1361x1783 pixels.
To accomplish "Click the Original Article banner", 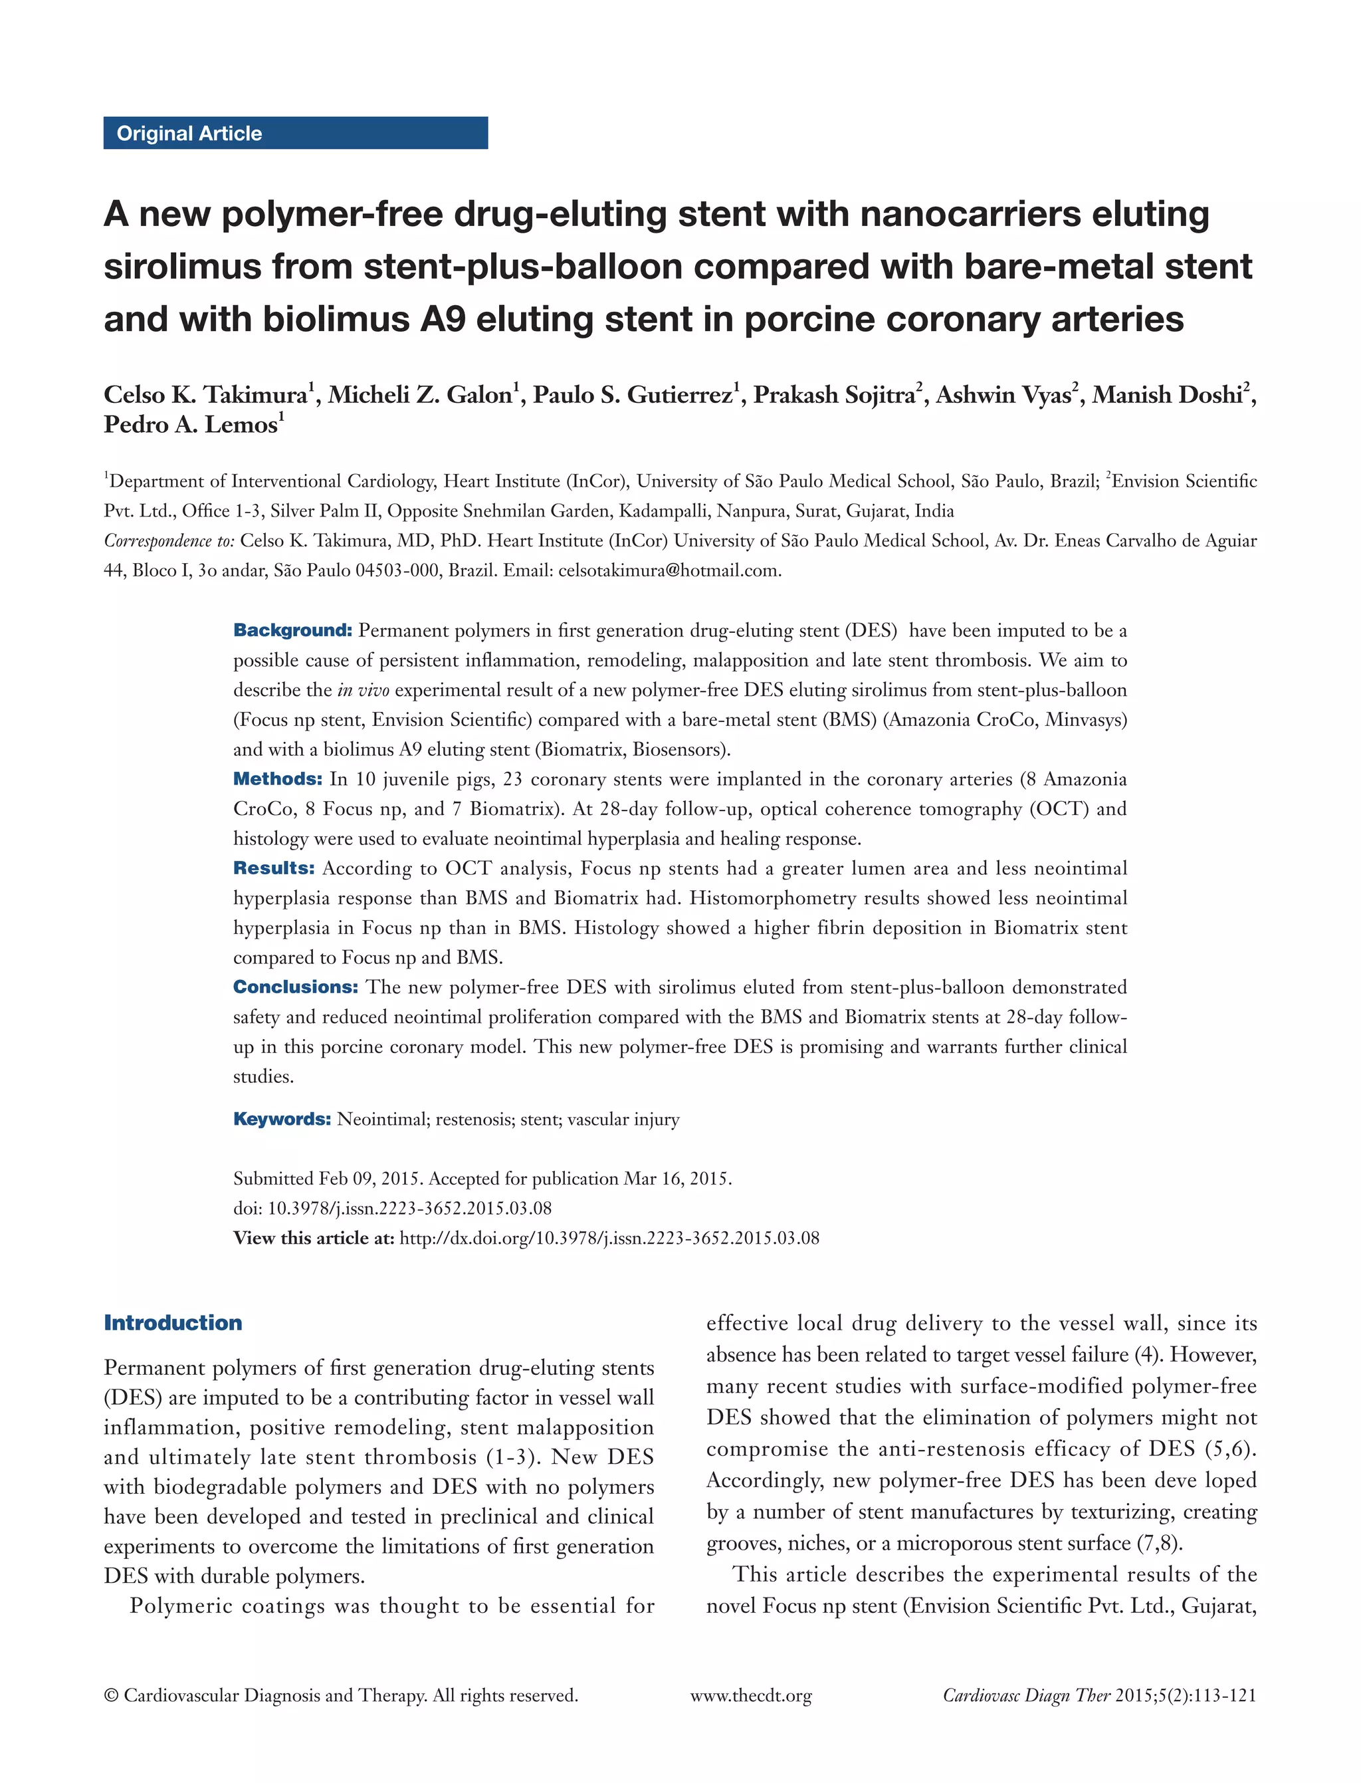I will [x=295, y=133].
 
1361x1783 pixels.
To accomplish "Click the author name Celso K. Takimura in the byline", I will [x=205, y=395].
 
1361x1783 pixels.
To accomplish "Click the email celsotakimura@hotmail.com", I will [x=669, y=570].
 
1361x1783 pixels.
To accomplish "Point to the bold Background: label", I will [x=292, y=630].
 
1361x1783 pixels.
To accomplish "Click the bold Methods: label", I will [x=277, y=779].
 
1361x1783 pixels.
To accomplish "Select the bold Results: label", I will [x=273, y=868].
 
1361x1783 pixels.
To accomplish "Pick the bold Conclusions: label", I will [x=295, y=987].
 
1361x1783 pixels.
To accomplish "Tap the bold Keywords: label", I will [x=282, y=1120].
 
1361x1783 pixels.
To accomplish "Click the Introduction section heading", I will [x=173, y=1323].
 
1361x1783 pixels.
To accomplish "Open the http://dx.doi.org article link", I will [x=609, y=1239].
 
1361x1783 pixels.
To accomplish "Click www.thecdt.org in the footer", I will [x=750, y=1695].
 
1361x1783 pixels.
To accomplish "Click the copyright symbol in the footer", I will [x=111, y=1695].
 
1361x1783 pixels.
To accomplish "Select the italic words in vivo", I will [x=363, y=691].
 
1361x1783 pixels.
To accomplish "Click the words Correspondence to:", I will [x=169, y=540].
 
